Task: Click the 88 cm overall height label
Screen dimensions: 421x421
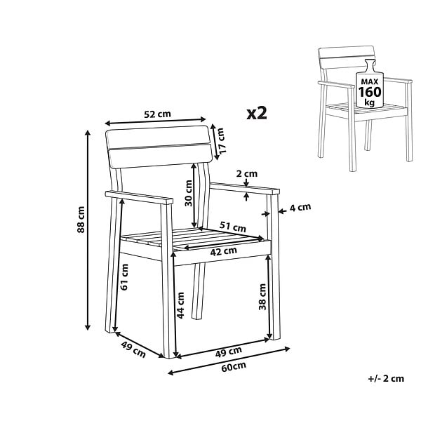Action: (81, 220)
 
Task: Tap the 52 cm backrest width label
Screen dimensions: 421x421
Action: (157, 114)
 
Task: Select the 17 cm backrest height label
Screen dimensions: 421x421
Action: (222, 141)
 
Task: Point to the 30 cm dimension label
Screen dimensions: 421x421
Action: (189, 193)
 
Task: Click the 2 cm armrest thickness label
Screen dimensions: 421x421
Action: (247, 174)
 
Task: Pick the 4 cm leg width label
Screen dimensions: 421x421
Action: (300, 207)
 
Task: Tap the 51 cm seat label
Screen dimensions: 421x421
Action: (232, 227)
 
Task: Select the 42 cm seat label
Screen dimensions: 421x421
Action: (223, 252)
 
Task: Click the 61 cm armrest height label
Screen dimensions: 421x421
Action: (124, 277)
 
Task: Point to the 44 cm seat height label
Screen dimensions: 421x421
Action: (180, 305)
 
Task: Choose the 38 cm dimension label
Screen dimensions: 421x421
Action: (262, 297)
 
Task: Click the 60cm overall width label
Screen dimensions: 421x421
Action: (234, 367)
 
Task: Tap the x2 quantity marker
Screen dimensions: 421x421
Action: (257, 113)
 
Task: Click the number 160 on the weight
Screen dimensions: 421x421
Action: (370, 92)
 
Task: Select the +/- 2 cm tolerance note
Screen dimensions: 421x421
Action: (386, 379)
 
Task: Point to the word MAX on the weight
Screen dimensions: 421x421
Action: (370, 81)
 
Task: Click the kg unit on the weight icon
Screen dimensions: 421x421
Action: (370, 102)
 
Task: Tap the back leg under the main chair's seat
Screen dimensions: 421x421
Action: (199, 291)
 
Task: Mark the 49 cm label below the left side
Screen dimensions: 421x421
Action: (133, 349)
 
